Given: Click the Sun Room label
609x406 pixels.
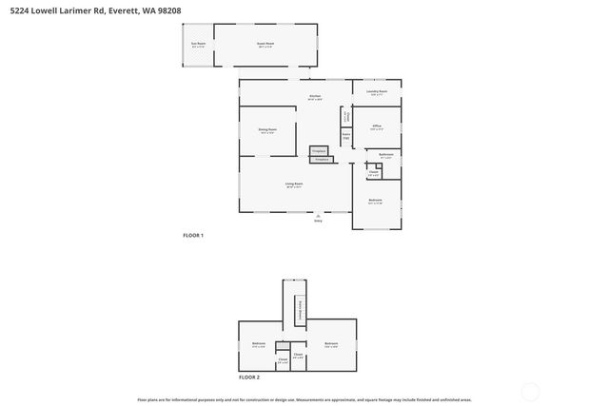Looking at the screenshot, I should [x=199, y=44].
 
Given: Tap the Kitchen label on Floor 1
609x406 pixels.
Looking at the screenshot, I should [x=315, y=96].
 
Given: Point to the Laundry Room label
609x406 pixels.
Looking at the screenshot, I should [x=377, y=92].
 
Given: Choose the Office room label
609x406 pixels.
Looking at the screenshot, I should [x=377, y=126].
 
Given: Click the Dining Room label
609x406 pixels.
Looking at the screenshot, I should [x=266, y=129].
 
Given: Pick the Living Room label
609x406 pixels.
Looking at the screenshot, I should [x=294, y=184].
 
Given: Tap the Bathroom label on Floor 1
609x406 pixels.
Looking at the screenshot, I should [x=386, y=155].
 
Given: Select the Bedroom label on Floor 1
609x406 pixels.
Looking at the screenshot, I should [x=375, y=200].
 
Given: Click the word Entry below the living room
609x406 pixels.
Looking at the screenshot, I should [x=319, y=222].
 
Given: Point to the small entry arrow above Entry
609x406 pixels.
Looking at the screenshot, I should [x=319, y=216].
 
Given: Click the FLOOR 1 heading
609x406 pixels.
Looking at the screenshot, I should [x=193, y=235].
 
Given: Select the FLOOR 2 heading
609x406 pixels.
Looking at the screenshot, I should [x=248, y=377].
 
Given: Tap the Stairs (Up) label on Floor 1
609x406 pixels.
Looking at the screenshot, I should [x=347, y=136].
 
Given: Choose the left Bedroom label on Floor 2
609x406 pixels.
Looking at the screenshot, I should [x=258, y=343].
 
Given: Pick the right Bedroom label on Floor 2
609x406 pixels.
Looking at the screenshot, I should [x=330, y=343].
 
